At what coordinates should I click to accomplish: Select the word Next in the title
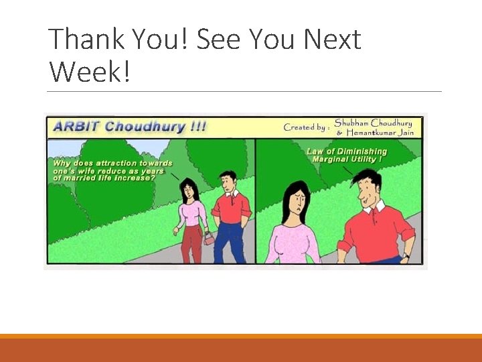click(332, 40)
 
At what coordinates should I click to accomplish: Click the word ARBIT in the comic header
click(76, 126)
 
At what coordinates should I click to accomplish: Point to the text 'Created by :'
click(306, 127)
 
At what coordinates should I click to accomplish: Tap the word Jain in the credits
click(405, 133)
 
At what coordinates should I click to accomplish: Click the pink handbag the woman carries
click(210, 237)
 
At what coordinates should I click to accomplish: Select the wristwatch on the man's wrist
click(405, 255)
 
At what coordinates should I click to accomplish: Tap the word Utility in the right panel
click(361, 160)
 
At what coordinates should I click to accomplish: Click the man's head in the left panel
click(229, 181)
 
